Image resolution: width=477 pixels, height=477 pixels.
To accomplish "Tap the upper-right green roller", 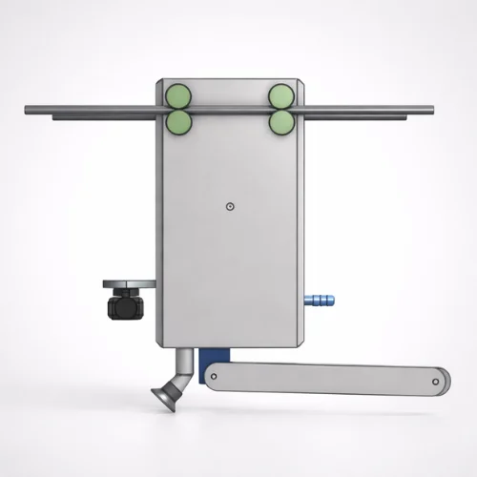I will click(x=280, y=95).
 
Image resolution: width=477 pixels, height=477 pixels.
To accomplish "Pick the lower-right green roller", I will click(x=280, y=122).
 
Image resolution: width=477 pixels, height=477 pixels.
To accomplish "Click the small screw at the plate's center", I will click(x=230, y=205).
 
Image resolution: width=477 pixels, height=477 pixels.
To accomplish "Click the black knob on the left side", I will click(x=126, y=308).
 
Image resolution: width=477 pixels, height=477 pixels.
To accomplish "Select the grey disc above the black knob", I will click(x=128, y=284).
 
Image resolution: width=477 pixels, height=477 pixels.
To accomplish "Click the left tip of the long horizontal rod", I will click(x=25, y=111).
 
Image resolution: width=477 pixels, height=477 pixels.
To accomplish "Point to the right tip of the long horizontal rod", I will click(x=431, y=110).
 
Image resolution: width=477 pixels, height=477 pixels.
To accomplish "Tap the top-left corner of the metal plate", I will click(x=162, y=80).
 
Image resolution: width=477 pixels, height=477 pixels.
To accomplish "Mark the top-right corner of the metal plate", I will click(x=301, y=80).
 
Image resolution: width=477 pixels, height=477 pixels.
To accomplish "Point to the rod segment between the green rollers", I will click(x=229, y=110).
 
